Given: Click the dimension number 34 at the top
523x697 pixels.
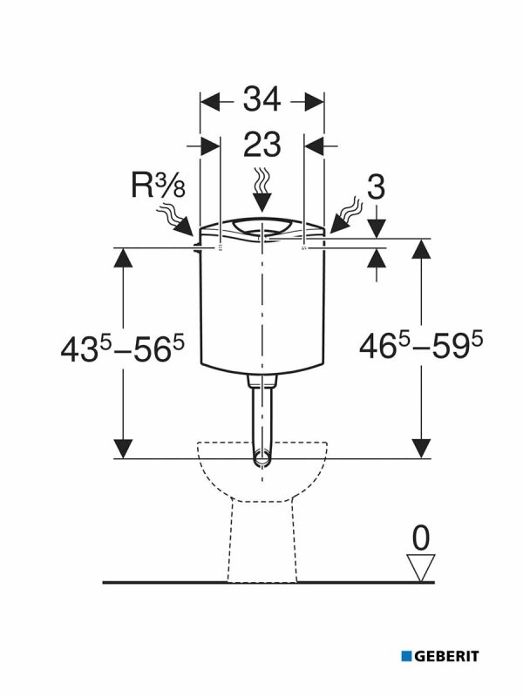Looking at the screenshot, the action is click(x=262, y=99).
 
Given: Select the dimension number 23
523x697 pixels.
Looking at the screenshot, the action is click(x=262, y=144).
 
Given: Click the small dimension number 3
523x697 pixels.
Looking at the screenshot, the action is click(x=377, y=187).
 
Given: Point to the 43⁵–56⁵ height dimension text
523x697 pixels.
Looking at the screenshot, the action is click(x=122, y=349).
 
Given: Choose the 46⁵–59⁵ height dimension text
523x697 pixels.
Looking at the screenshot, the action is click(x=421, y=346).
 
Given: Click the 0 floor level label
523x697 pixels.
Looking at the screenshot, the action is click(x=421, y=538).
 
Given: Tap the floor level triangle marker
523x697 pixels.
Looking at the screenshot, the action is click(x=421, y=567).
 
